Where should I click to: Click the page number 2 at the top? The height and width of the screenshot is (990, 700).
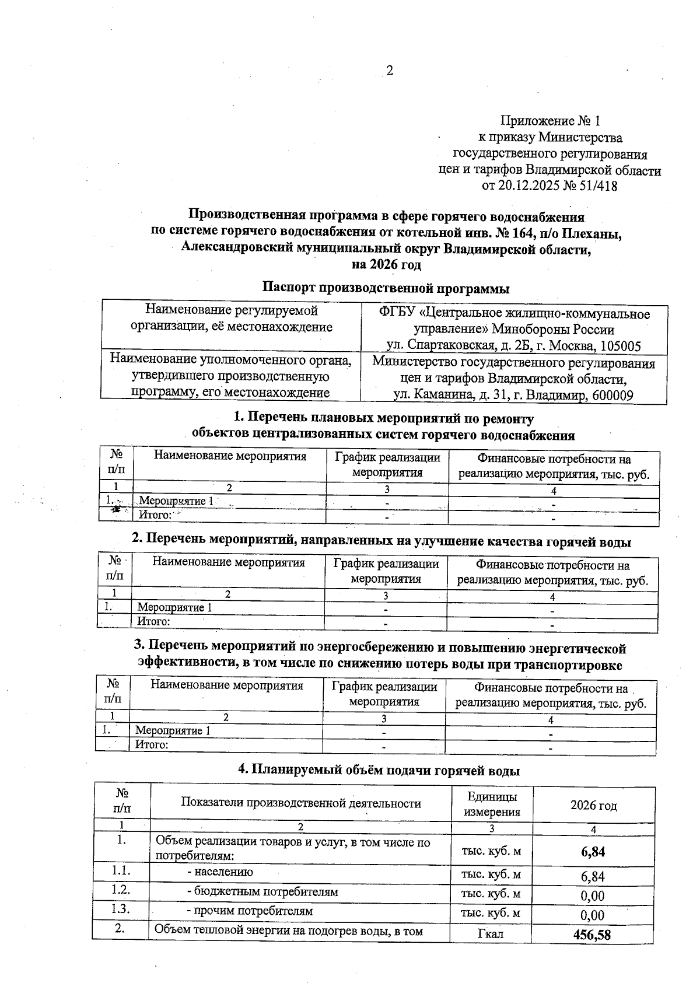tap(390, 71)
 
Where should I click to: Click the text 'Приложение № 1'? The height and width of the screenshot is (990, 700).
tap(550, 121)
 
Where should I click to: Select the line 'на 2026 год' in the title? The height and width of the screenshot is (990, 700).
tap(386, 264)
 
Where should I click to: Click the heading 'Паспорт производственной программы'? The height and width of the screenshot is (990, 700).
tap(386, 288)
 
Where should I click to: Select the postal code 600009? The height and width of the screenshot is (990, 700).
tap(612, 396)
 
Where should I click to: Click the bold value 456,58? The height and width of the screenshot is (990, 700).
tap(592, 935)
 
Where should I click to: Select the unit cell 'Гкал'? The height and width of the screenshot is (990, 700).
tap(490, 935)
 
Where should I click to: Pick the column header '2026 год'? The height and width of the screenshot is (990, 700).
tap(593, 806)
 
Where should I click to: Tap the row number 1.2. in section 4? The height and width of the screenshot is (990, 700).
tap(121, 890)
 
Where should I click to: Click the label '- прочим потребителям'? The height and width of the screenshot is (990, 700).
tap(250, 911)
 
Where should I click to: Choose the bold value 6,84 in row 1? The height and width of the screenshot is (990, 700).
tap(593, 852)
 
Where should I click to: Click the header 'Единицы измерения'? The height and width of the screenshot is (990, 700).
tap(491, 804)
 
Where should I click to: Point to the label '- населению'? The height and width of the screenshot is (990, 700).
tap(220, 872)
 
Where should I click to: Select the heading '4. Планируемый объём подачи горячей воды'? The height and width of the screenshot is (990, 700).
tap(379, 770)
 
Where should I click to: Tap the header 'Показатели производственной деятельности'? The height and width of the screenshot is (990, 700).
tap(301, 804)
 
